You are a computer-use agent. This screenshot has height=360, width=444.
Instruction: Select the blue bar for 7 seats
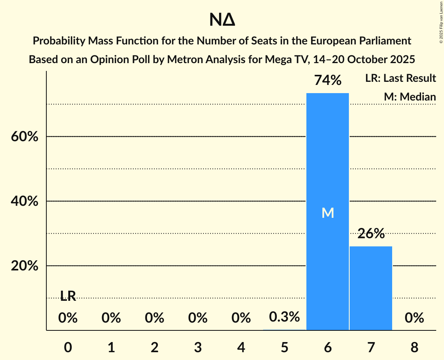(371, 288)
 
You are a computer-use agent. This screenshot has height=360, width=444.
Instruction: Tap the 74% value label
(328, 81)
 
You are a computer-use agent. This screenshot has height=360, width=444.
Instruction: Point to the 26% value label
(371, 234)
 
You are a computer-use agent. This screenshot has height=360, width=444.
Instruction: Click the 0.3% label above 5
(284, 317)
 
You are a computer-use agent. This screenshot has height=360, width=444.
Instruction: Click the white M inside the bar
(328, 213)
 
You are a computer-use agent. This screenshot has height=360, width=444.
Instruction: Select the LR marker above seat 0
(68, 296)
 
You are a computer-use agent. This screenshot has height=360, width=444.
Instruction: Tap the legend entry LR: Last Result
(400, 78)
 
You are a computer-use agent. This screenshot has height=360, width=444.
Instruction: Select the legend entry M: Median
(410, 97)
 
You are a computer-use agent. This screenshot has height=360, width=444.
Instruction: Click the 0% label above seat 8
(414, 318)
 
